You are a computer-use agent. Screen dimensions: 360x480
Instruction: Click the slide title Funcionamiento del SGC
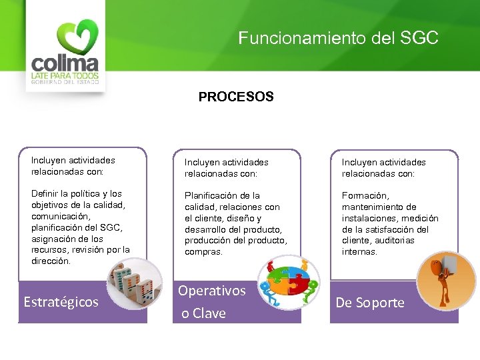coord(339,38)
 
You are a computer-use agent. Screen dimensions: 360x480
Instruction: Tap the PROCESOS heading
coord(236,97)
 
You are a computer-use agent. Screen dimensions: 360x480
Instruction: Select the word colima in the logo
coord(65,64)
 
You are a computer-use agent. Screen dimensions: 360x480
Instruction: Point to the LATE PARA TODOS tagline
coord(65,77)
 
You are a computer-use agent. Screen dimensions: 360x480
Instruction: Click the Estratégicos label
coord(61,302)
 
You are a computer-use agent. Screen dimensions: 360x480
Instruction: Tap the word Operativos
coord(212,291)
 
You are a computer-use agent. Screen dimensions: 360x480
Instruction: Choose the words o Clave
coord(204,313)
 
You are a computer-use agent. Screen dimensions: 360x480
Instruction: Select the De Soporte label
coord(370,303)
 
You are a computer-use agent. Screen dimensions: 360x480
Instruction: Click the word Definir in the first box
coord(45,193)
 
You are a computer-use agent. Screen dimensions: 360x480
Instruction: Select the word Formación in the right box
coord(365,196)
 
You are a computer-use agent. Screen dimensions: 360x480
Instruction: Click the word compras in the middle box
coord(203,252)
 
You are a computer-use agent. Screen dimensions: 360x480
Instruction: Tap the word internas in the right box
coord(359,252)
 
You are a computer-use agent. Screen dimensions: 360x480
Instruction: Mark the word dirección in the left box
coord(51,261)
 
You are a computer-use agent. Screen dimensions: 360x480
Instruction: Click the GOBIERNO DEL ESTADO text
coord(65,83)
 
